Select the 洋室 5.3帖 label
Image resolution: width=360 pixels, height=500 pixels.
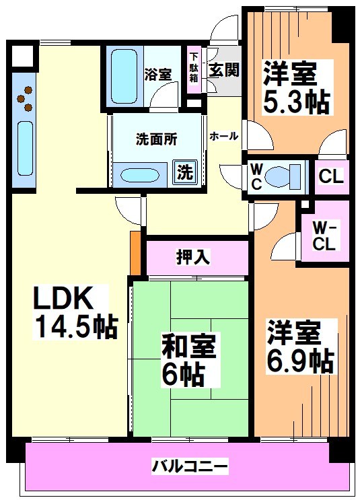coord(296,87)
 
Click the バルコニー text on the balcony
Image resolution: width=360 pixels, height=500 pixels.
coord(189,465)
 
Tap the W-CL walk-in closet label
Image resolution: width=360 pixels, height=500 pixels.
coord(324,235)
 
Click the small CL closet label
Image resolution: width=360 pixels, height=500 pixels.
coord(330,177)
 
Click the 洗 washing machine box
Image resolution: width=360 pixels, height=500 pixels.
coord(184,172)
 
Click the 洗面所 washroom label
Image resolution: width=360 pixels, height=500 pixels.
coord(156,140)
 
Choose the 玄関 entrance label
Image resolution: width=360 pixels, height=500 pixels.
coord(223,71)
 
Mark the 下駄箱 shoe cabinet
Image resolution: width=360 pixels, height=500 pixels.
coord(194,67)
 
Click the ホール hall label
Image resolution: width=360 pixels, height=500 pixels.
coord(223,136)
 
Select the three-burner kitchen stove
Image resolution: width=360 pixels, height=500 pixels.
coord(26,98)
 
